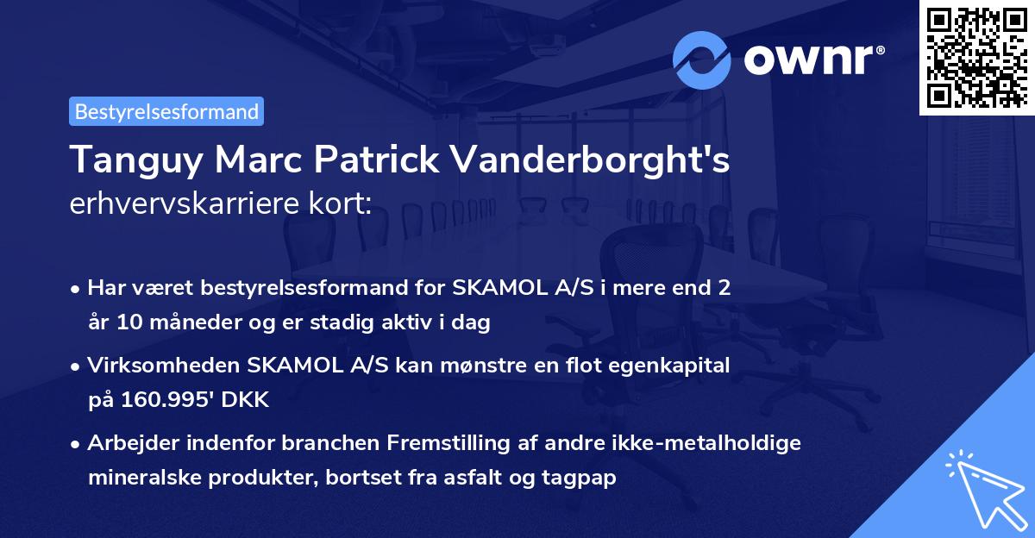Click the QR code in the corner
(977, 57)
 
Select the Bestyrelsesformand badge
(166, 111)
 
